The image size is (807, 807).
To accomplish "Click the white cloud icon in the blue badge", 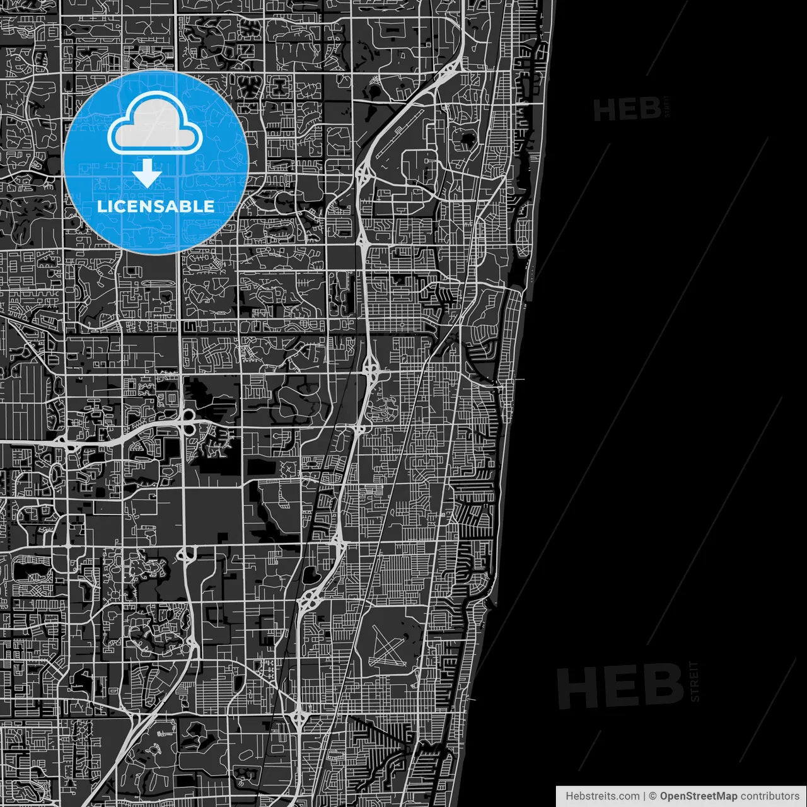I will point(155,124).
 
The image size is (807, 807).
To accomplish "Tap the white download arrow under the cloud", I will point(147,173).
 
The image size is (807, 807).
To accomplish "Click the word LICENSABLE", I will point(155,206).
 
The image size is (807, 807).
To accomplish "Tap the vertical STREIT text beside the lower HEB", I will point(694,681).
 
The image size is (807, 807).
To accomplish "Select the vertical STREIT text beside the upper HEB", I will point(666,106).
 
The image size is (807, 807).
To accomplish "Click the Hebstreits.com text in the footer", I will point(601,796).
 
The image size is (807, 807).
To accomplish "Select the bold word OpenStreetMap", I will point(698,796).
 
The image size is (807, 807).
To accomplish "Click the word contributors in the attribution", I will point(769,796).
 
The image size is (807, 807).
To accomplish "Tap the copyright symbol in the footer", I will point(653,796).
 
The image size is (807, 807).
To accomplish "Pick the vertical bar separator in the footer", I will point(644,796).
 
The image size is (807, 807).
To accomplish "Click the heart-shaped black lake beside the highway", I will point(310,575).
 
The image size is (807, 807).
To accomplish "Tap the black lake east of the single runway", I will point(468,139).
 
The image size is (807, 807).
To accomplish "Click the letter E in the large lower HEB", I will point(622,687).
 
